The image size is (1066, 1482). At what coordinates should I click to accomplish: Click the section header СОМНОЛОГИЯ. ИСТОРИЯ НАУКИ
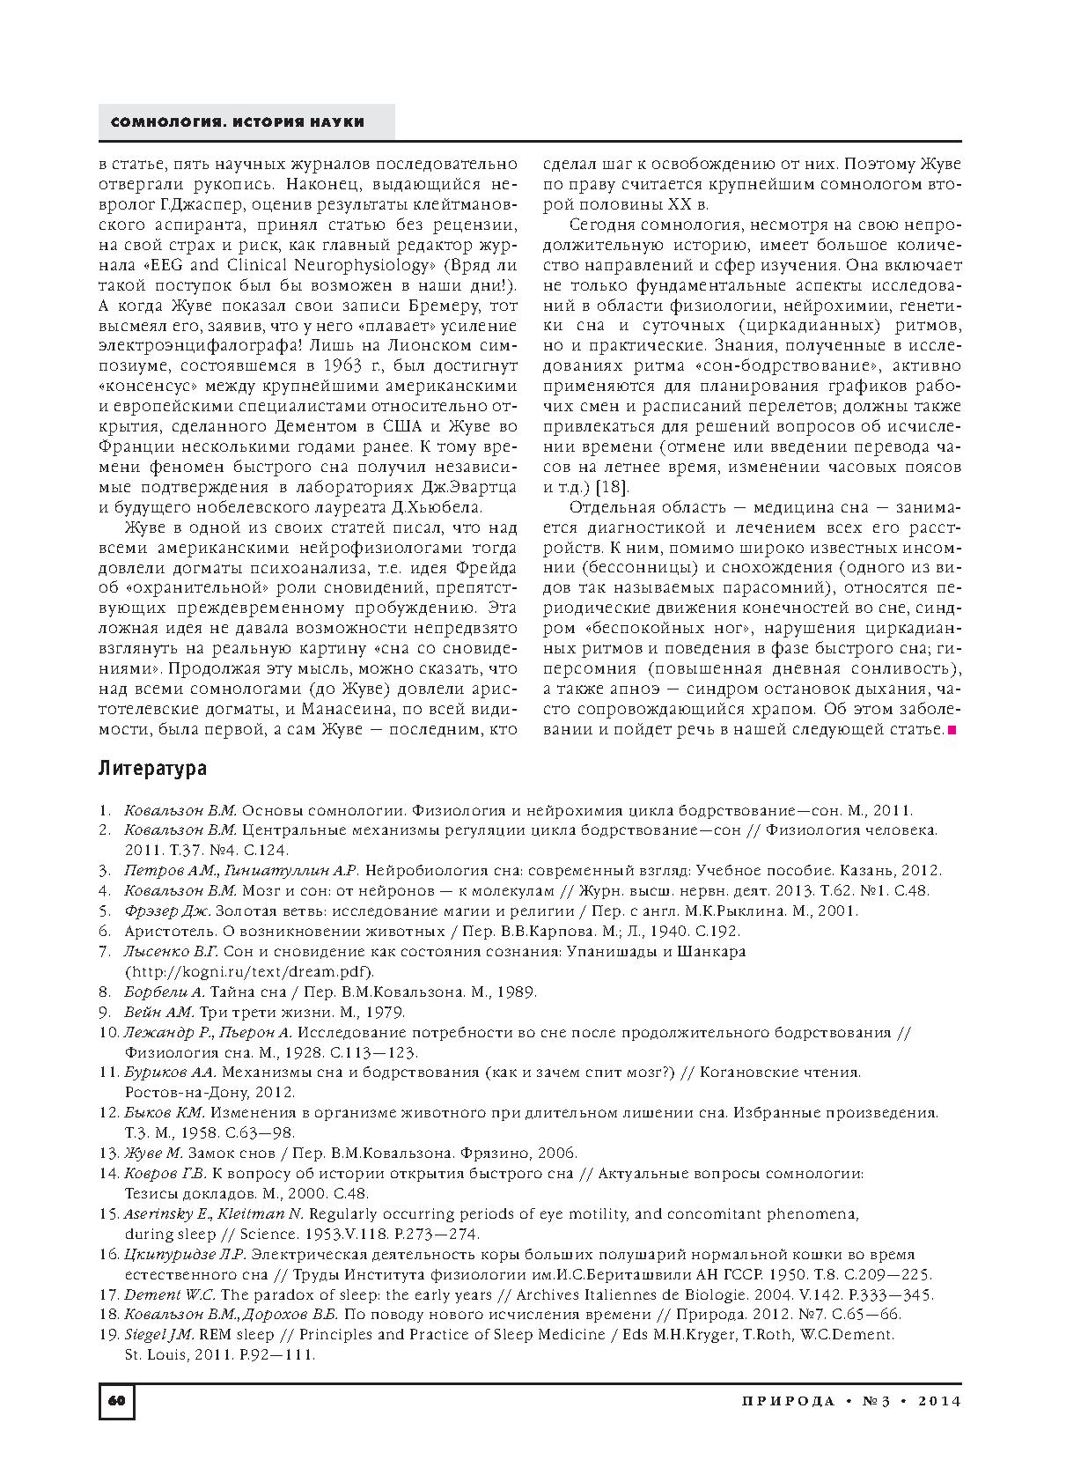[238, 122]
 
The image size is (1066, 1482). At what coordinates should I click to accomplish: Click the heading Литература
[152, 768]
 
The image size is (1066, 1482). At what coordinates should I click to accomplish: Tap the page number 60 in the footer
[116, 1401]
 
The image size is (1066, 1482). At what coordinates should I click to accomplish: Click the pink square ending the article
[952, 729]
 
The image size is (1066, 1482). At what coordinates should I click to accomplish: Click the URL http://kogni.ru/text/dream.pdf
[249, 971]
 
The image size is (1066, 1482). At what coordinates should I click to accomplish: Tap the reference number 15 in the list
[109, 1213]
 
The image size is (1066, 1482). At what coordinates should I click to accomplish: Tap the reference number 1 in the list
[104, 810]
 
